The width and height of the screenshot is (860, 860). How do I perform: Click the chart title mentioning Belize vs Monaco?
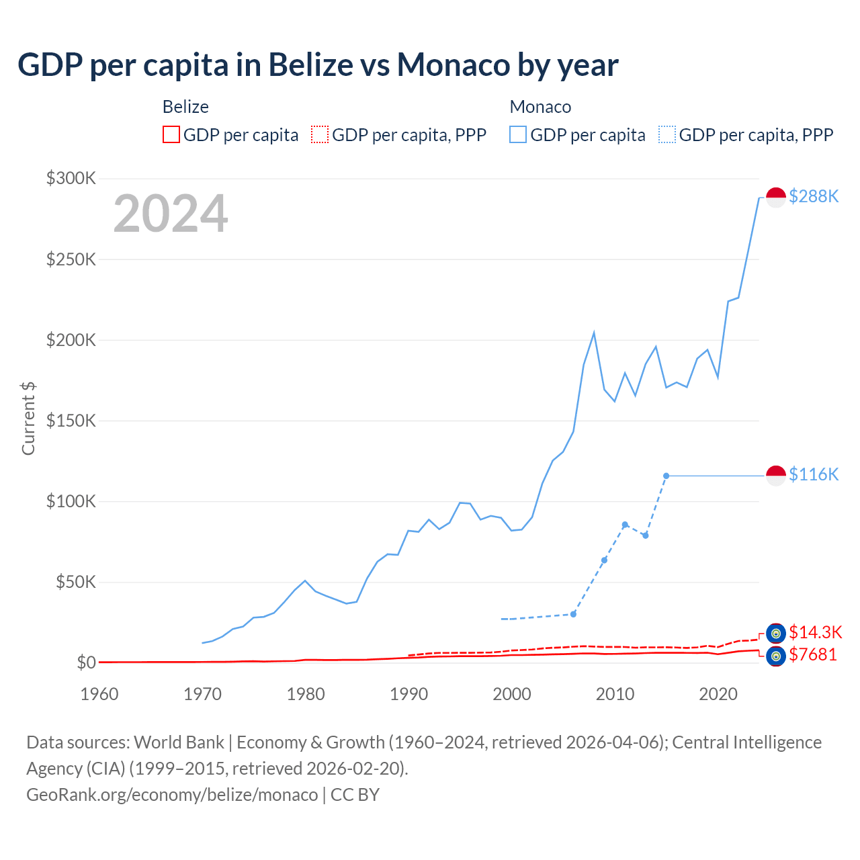click(x=318, y=65)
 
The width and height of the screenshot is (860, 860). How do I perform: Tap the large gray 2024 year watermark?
click(x=171, y=214)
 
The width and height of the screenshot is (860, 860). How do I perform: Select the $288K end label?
click(x=814, y=196)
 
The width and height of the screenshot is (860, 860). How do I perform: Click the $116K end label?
click(x=814, y=475)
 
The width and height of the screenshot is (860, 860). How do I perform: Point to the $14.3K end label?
click(x=815, y=632)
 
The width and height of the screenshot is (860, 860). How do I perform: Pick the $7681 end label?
click(x=813, y=654)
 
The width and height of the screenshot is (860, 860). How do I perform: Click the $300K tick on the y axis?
click(x=71, y=178)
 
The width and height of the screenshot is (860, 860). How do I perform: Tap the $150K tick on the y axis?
click(x=71, y=421)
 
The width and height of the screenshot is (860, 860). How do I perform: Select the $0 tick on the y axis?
click(x=86, y=662)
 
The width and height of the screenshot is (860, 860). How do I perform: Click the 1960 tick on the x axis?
click(x=99, y=694)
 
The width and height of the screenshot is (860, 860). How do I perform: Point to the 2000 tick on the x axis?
click(x=512, y=694)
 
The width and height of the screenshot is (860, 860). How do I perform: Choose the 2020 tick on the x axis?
click(x=718, y=694)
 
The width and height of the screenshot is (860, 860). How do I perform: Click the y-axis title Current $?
click(x=28, y=418)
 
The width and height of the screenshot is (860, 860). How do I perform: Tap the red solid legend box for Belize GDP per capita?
click(x=171, y=135)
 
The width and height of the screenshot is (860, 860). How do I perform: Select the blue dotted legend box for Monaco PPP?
click(x=667, y=135)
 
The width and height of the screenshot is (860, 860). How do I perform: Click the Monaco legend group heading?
click(x=540, y=107)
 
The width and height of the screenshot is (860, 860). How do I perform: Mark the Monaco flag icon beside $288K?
click(x=776, y=198)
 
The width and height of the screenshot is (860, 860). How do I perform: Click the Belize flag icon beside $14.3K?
click(x=776, y=633)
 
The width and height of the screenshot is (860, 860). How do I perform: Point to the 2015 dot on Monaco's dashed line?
click(x=666, y=476)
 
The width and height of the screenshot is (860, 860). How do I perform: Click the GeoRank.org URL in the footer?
click(x=172, y=795)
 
